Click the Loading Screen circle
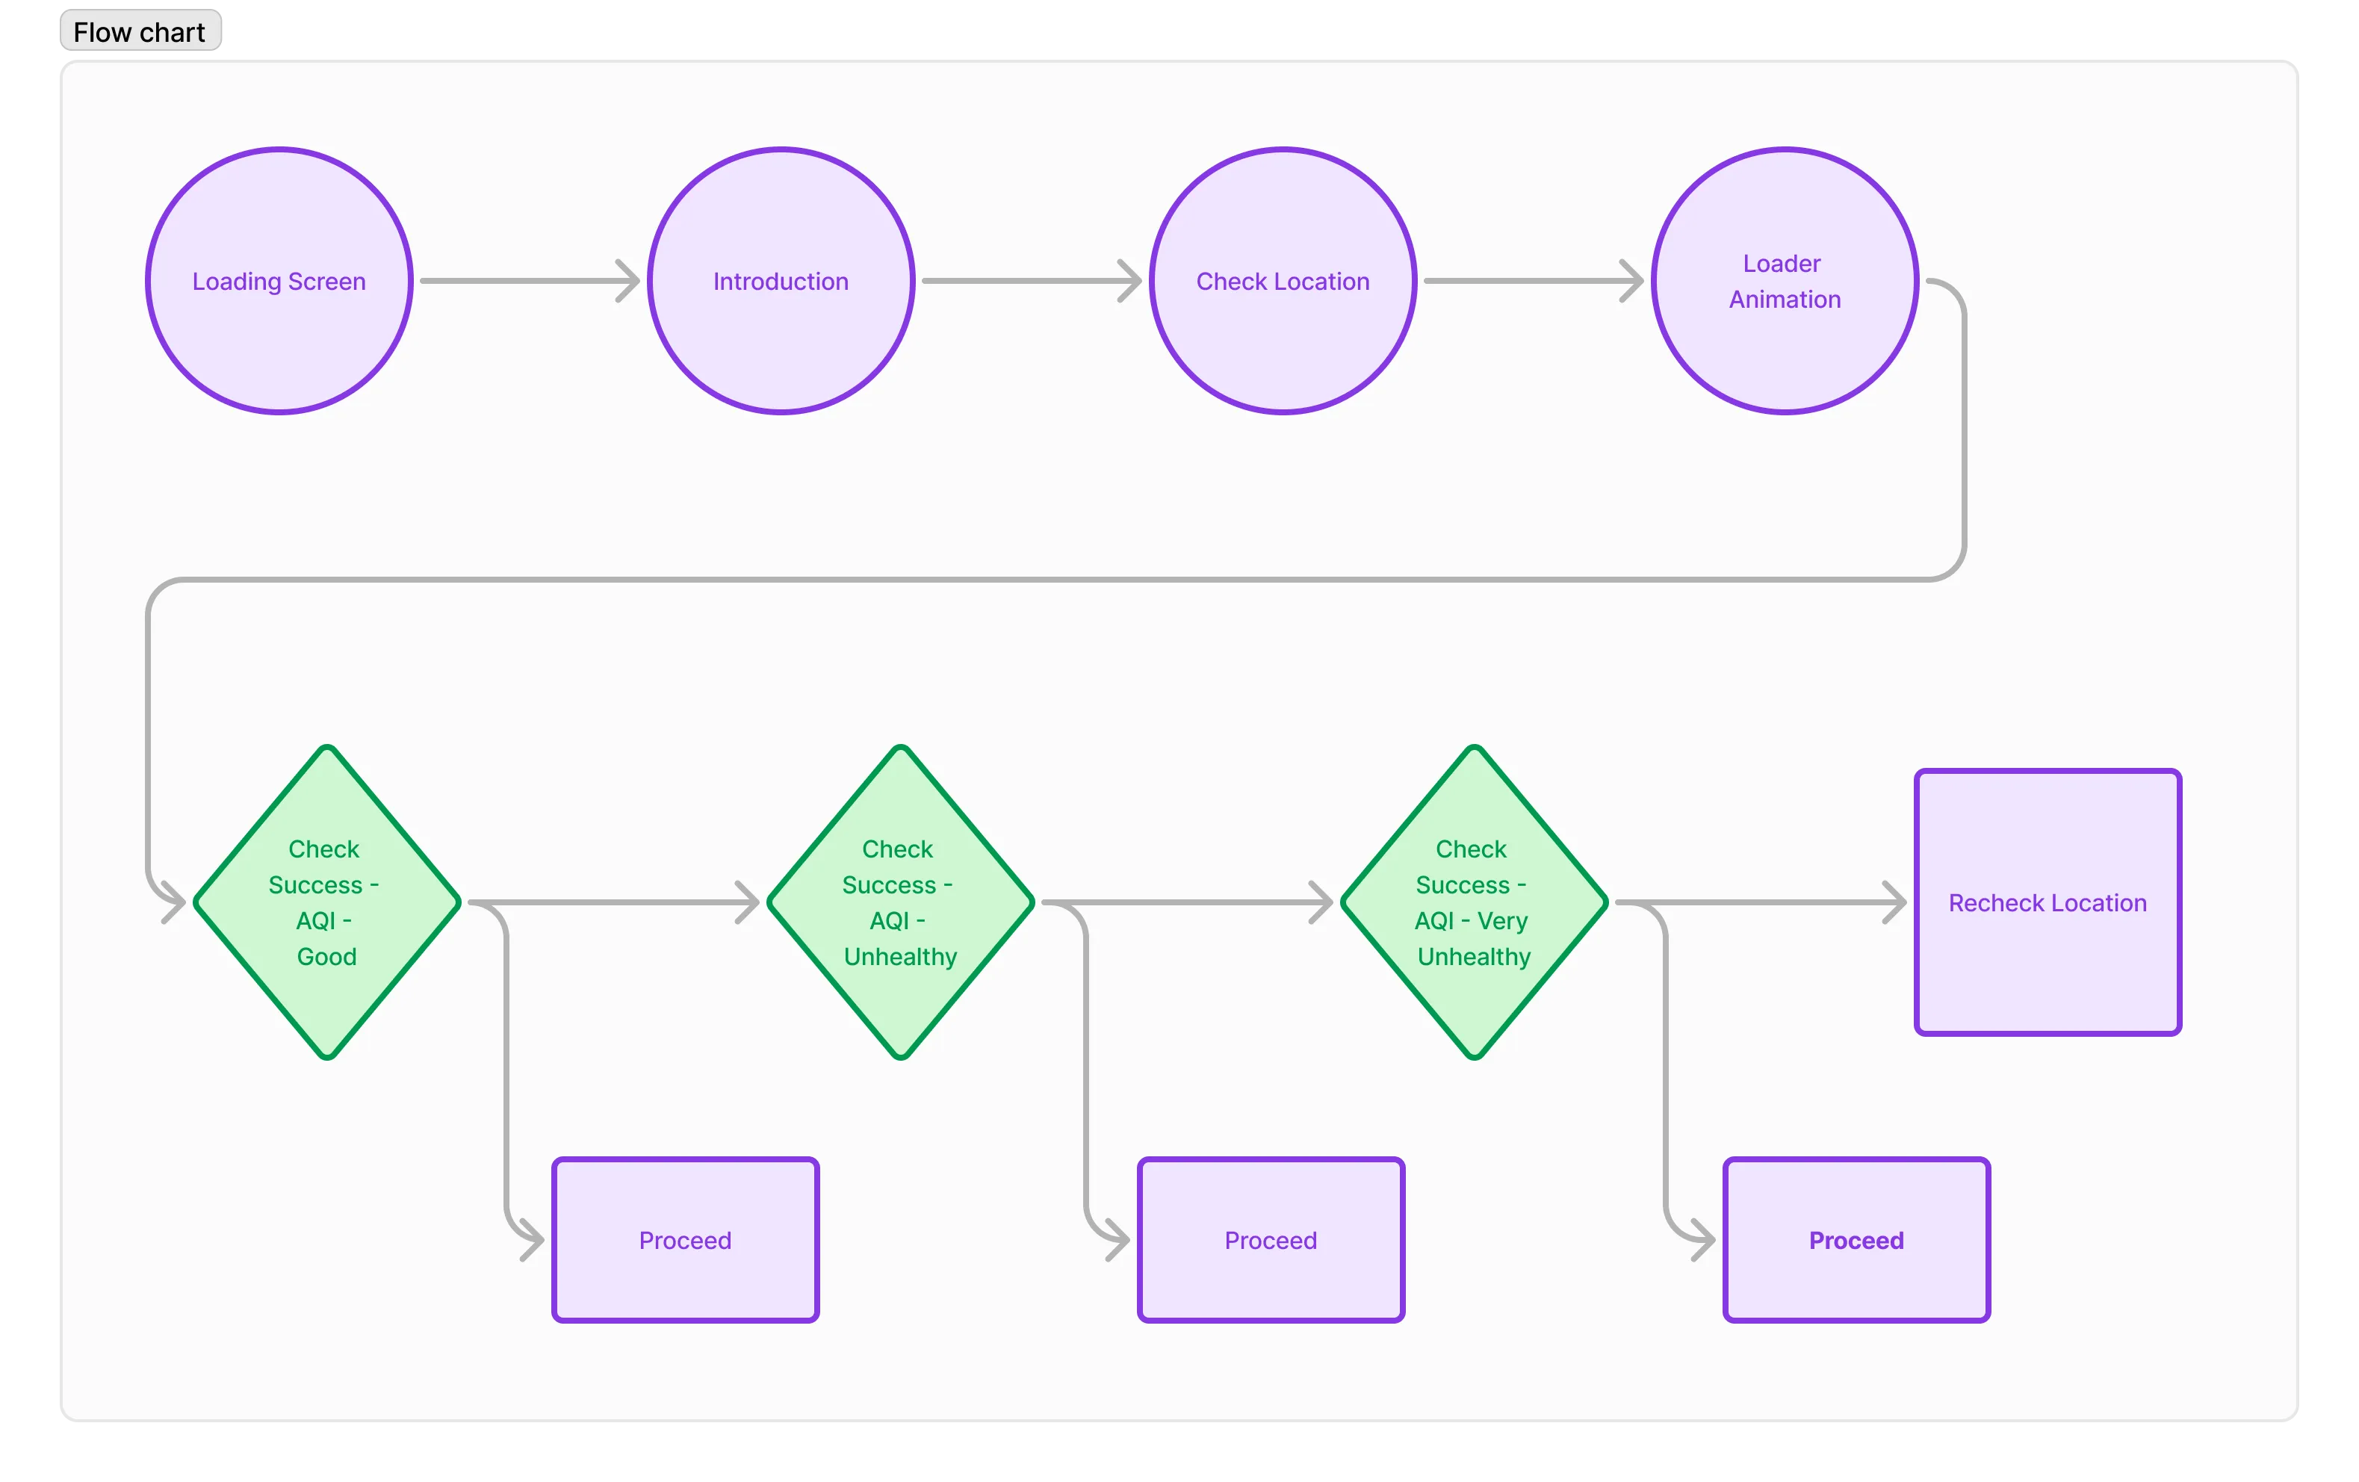(x=279, y=281)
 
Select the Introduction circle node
(x=781, y=281)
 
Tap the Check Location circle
(x=1283, y=281)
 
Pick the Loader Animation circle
(x=1784, y=281)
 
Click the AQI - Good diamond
(x=326, y=902)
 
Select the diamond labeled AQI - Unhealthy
(x=899, y=902)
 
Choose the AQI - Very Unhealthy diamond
(x=1473, y=902)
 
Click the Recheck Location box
(x=2048, y=902)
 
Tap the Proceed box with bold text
(x=1856, y=1240)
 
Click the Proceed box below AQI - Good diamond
(x=685, y=1240)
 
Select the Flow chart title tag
(x=140, y=32)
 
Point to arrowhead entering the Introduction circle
(x=630, y=281)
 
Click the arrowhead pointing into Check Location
(x=1132, y=281)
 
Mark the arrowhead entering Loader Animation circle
(x=1633, y=281)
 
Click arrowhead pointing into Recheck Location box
(x=1896, y=902)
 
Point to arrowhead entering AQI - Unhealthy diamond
(x=748, y=902)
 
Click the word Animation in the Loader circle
(x=1784, y=300)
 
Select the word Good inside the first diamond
(x=326, y=957)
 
